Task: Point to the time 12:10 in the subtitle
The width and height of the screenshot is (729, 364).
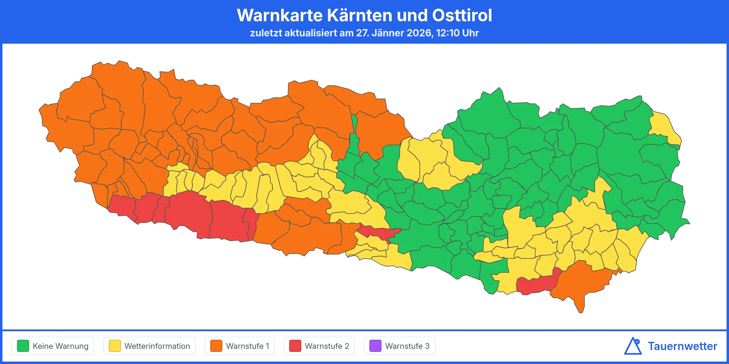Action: click(x=448, y=33)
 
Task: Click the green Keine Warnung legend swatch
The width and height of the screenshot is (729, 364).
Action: click(x=23, y=346)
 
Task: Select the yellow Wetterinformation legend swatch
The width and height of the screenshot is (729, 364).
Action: click(x=115, y=346)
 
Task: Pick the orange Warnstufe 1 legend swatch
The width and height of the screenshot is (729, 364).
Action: click(x=216, y=346)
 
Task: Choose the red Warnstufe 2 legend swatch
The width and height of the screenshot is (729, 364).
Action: click(x=295, y=346)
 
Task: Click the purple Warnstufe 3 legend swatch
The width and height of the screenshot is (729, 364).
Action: click(x=375, y=346)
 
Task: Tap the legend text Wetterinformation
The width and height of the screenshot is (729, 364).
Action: click(x=157, y=346)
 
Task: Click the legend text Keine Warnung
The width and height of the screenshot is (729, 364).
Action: click(x=60, y=346)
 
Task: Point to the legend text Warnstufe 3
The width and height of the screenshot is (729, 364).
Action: click(x=407, y=346)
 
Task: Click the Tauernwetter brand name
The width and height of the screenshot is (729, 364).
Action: click(x=682, y=346)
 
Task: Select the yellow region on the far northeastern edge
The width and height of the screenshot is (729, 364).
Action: click(x=665, y=127)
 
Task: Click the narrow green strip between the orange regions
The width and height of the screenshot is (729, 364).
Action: click(x=354, y=136)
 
